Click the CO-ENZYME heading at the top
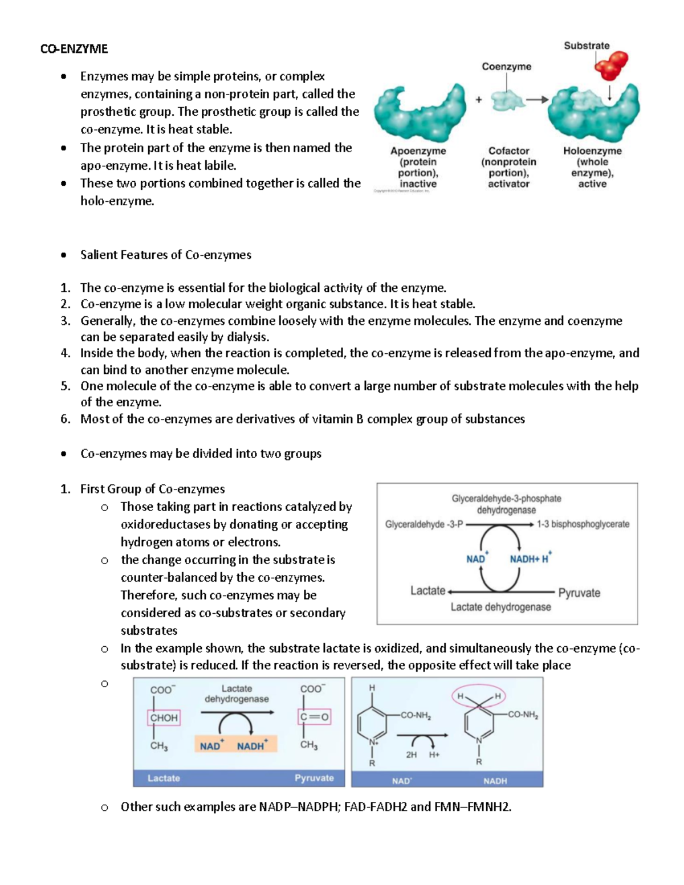[x=74, y=49]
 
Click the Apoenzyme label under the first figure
[x=418, y=151]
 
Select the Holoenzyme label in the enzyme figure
[x=592, y=151]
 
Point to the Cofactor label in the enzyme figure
[x=508, y=151]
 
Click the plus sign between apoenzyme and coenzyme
[x=479, y=100]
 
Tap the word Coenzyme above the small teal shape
[x=506, y=67]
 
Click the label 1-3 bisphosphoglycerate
[x=583, y=524]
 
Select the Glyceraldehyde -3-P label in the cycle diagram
[x=424, y=524]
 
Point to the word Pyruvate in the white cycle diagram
[x=579, y=593]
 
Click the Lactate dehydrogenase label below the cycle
[x=500, y=607]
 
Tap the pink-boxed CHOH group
[x=164, y=718]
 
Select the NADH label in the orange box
[x=251, y=746]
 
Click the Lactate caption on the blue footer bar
[x=164, y=778]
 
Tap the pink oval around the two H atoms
[x=479, y=696]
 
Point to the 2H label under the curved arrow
[x=411, y=755]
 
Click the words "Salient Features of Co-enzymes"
[x=165, y=255]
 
